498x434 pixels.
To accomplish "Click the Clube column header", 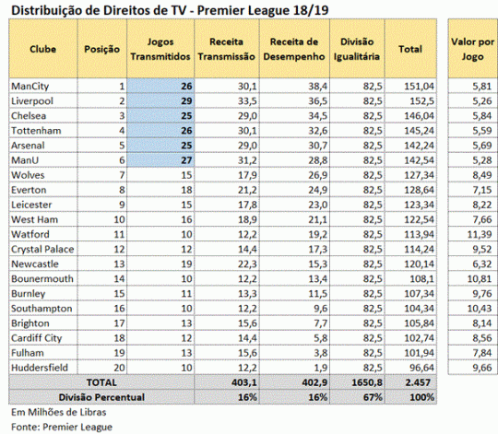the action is coord(42,49).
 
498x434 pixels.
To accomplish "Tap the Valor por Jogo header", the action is coord(472,49).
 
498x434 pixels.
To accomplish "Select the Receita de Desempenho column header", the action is coord(294,49).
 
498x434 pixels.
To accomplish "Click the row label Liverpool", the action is coord(32,101).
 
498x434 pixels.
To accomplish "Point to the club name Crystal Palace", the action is coord(42,250).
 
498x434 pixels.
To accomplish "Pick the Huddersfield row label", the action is coord(40,368).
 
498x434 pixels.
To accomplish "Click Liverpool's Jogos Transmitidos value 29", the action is coord(186,101).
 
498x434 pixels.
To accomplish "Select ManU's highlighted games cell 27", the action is coord(186,160).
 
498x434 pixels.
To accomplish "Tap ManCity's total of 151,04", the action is coord(419,87).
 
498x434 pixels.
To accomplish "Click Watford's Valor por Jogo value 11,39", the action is coord(480,234).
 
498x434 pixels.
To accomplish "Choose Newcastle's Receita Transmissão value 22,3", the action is coord(247,264).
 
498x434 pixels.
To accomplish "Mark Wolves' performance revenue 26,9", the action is coord(317,175).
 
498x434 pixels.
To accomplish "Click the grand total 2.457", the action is coord(418,382).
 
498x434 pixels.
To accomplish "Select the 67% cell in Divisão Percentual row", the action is coord(373,397).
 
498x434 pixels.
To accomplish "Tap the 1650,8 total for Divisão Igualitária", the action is coord(367,382).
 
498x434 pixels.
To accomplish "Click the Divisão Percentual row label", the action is coord(101,397).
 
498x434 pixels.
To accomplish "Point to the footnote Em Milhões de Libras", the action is coord(59,412).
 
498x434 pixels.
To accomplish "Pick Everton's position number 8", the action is coord(123,190).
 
